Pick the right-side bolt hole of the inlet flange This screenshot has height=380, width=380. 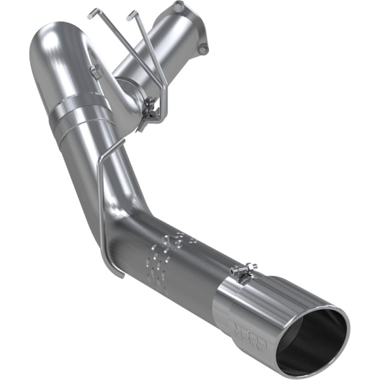[202, 49]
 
